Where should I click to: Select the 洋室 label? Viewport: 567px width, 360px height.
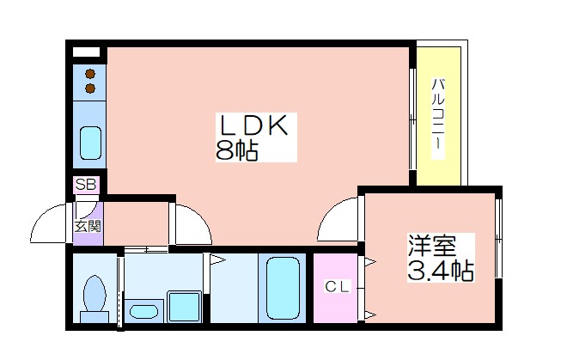point(432,246)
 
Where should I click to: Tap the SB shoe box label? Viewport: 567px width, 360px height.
point(86,185)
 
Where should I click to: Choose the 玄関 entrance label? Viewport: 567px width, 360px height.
point(88,226)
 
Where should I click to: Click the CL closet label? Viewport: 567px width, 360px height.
point(338,287)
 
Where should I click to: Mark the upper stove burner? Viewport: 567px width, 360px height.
point(90,74)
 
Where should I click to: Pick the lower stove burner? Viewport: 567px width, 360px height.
point(90,88)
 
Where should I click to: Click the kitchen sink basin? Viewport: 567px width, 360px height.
point(90,143)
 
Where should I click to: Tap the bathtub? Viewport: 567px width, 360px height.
point(283,289)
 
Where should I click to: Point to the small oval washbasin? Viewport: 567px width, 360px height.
point(143,311)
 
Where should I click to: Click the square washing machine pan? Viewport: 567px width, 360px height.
point(184,307)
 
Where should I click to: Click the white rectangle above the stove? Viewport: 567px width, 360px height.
point(86,52)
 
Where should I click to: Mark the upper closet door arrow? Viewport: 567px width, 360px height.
point(370,261)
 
